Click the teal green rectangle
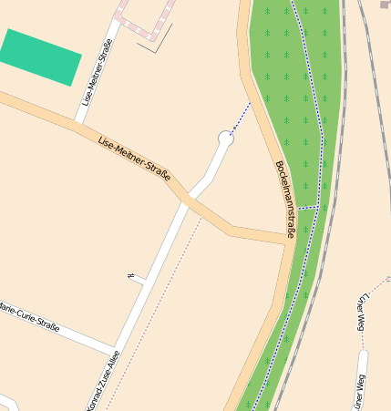(x=41, y=56)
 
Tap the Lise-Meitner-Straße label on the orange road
(x=134, y=159)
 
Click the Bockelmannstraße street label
(x=284, y=200)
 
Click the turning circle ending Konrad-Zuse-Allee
(x=226, y=138)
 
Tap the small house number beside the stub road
(x=131, y=275)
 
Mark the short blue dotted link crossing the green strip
(x=308, y=208)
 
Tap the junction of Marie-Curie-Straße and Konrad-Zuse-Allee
(x=114, y=350)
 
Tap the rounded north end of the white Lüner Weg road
(x=363, y=354)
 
